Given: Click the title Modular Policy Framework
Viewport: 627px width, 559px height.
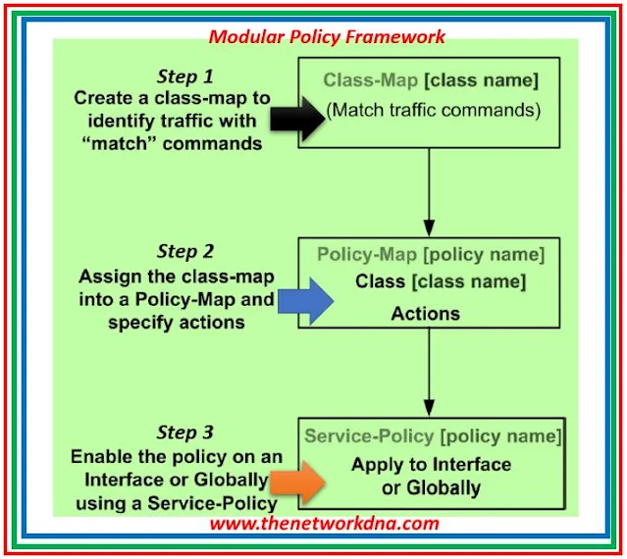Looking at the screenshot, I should [327, 37].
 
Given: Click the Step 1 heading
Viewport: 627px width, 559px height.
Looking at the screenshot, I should [184, 76].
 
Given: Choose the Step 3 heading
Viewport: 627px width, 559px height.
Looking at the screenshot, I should [184, 433].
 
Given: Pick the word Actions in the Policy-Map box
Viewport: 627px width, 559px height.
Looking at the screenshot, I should [425, 314].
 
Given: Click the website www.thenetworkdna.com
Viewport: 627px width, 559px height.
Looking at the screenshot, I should [324, 523].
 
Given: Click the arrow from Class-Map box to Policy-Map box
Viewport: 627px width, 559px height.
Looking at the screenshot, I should [428, 187].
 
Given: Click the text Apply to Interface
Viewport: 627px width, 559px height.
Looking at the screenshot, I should [432, 464].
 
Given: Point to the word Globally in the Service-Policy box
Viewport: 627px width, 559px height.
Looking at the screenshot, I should [444, 487].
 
